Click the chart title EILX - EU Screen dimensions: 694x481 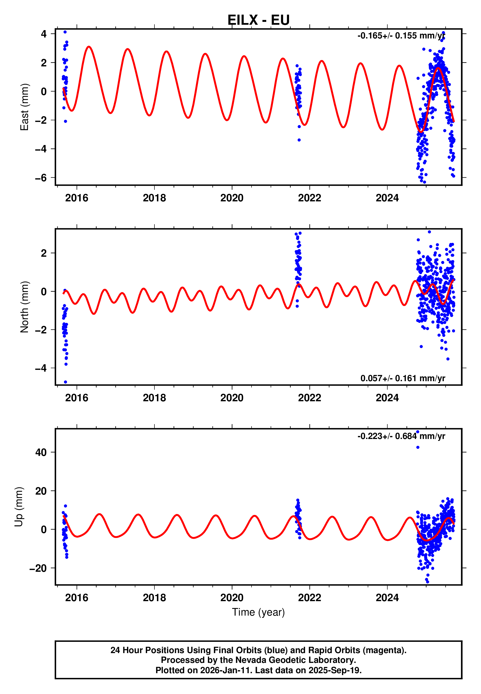[258, 20]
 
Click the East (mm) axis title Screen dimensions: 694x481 [24, 107]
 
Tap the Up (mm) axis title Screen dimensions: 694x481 [19, 507]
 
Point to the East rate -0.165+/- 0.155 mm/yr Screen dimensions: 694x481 [401, 36]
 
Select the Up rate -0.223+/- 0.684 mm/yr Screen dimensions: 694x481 [401, 436]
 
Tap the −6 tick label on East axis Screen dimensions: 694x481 [41, 178]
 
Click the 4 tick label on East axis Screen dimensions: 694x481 [44, 34]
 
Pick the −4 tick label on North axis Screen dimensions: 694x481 [41, 368]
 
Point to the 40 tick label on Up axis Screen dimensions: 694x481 [41, 452]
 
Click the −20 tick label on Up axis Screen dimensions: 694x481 [38, 568]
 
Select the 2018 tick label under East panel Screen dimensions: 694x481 [154, 198]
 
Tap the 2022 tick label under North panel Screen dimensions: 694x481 [310, 398]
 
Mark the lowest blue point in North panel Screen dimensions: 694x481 [65, 382]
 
